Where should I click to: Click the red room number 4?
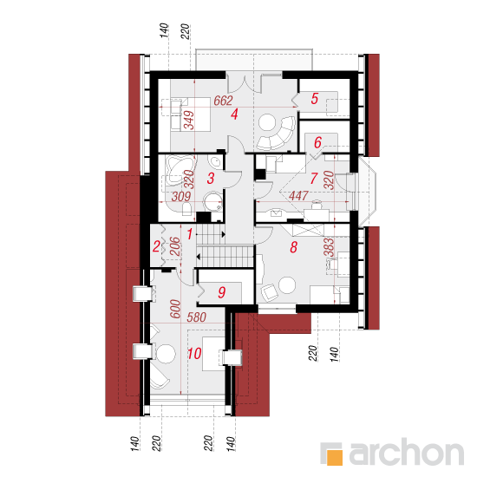pos(234,114)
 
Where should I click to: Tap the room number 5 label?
pos(315,99)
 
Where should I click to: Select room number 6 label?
pos(317,142)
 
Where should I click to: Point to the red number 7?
pos(314,179)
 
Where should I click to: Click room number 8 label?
pos(293,247)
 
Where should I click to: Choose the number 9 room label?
pos(222,292)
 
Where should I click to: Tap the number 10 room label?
pos(194,354)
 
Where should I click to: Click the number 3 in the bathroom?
pos(211,179)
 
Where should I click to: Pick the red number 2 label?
pos(156,246)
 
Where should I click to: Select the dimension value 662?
pos(223,101)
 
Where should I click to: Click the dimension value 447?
pos(298,196)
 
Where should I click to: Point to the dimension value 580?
pos(197,317)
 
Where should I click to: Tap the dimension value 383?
pos(329,247)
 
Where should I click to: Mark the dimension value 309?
pos(181,197)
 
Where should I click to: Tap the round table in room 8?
pos(287,285)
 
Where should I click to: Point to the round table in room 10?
pos(167,354)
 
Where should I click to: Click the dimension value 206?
pos(175,246)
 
